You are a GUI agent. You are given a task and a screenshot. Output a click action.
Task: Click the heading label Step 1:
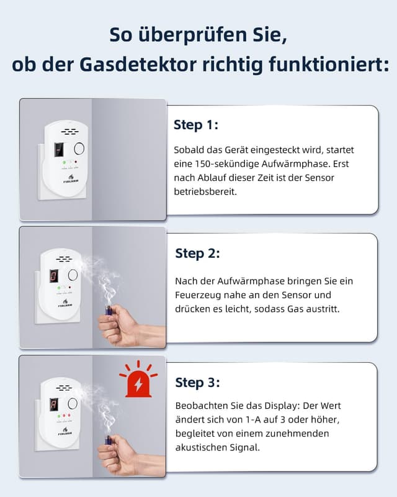tap(195, 125)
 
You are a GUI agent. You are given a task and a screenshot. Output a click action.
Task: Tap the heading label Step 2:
tap(197, 253)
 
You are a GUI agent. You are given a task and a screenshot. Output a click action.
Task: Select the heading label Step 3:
tap(197, 382)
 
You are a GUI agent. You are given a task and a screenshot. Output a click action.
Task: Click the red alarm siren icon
tap(138, 380)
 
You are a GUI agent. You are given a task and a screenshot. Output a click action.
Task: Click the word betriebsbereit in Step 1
tap(204, 192)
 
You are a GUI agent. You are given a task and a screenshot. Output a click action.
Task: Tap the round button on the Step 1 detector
tap(78, 149)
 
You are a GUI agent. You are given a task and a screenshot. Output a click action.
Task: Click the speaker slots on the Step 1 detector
tap(68, 132)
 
